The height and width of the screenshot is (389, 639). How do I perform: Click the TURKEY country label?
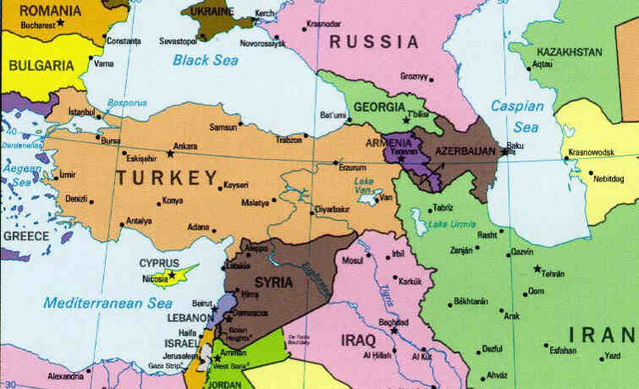pyautogui.click(x=166, y=178)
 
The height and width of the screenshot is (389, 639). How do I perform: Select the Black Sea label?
pyautogui.click(x=205, y=60)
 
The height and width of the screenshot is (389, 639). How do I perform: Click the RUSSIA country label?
pyautogui.click(x=373, y=41)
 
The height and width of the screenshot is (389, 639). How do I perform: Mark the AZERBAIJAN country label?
pyautogui.click(x=460, y=151)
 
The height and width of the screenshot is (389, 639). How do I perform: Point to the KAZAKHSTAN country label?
pyautogui.click(x=569, y=51)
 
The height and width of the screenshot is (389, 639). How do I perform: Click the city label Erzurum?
pyautogui.click(x=354, y=167)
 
